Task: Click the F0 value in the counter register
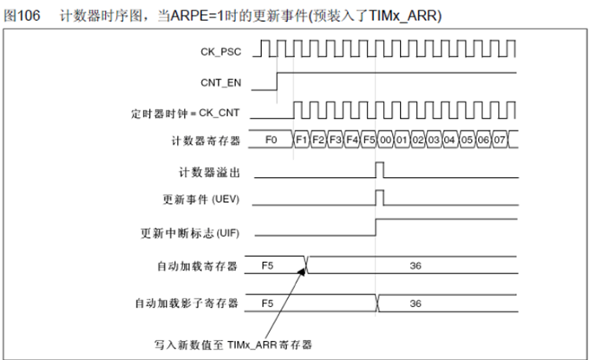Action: click(271, 140)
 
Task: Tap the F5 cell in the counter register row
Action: click(369, 140)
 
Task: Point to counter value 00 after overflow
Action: click(385, 140)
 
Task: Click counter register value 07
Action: click(501, 140)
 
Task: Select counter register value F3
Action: click(335, 140)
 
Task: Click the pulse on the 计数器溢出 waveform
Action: click(378, 168)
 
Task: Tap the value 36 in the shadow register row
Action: click(416, 304)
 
